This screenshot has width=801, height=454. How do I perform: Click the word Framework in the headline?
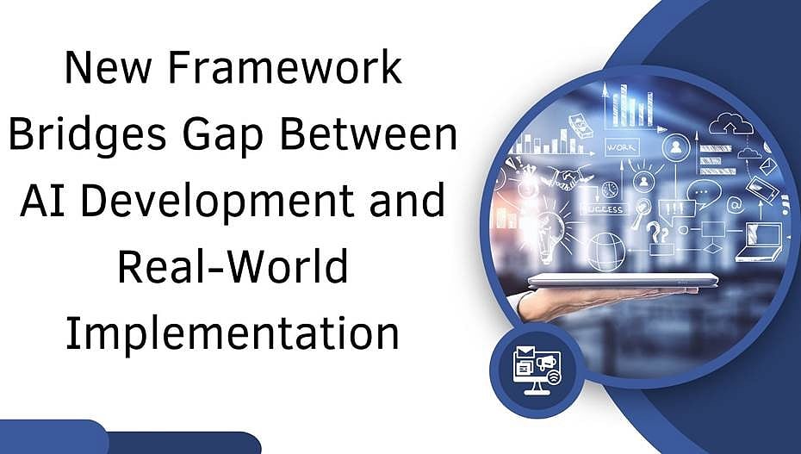pyautogui.click(x=284, y=67)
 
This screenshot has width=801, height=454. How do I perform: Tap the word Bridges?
pyautogui.click(x=87, y=134)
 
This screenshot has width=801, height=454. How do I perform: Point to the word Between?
pyautogui.click(x=368, y=134)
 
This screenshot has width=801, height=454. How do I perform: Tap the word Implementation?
pyautogui.click(x=232, y=334)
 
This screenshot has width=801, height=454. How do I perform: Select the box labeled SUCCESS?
pyautogui.click(x=605, y=208)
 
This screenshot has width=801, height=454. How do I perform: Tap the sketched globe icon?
pyautogui.click(x=606, y=252)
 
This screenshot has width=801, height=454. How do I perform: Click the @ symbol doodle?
pyautogui.click(x=734, y=205)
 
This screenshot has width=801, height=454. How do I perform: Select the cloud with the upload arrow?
pyautogui.click(x=730, y=123)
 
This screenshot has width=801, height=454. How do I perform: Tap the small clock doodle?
pyautogui.click(x=610, y=190)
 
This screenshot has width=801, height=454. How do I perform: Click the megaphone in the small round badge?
pyautogui.click(x=545, y=363)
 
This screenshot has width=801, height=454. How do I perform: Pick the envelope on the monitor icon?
pyautogui.click(x=525, y=352)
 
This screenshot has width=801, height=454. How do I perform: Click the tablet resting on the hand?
pyautogui.click(x=624, y=280)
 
